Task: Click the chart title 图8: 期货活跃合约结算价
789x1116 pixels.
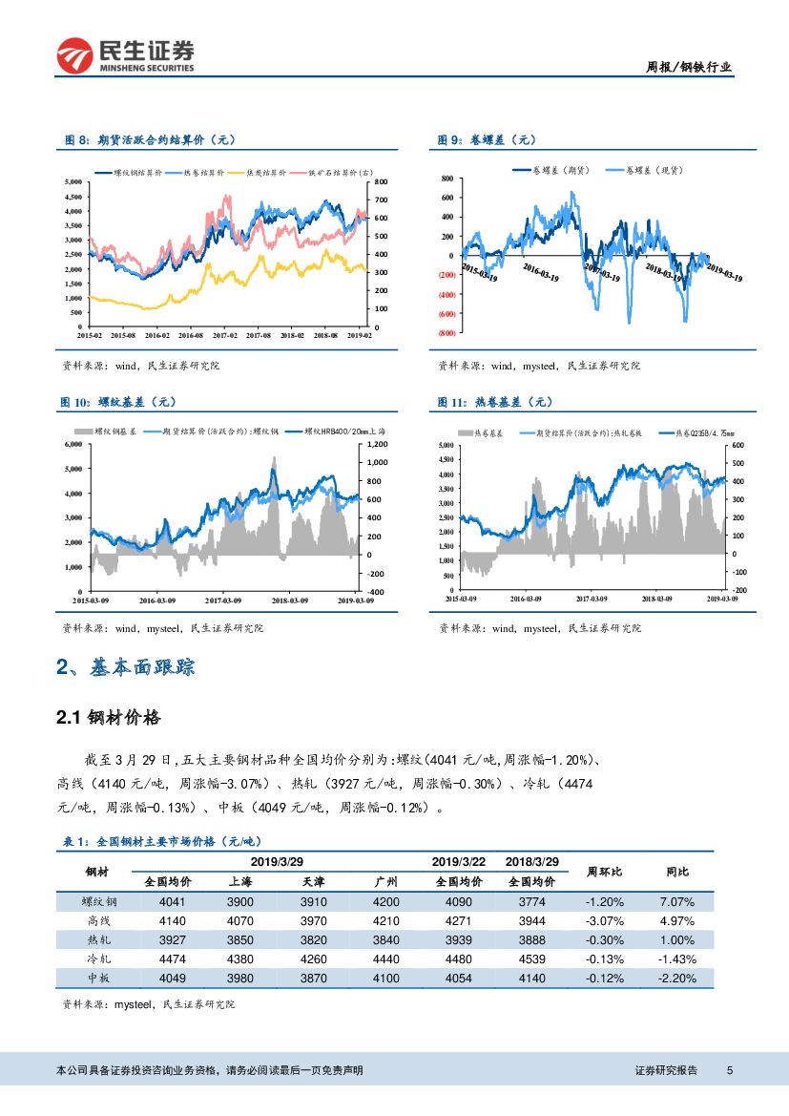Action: [x=148, y=140]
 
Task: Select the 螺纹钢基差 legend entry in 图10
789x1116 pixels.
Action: [x=114, y=432]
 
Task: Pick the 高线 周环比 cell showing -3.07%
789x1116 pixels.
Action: [x=605, y=921]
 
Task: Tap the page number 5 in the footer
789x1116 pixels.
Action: [x=729, y=1070]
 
